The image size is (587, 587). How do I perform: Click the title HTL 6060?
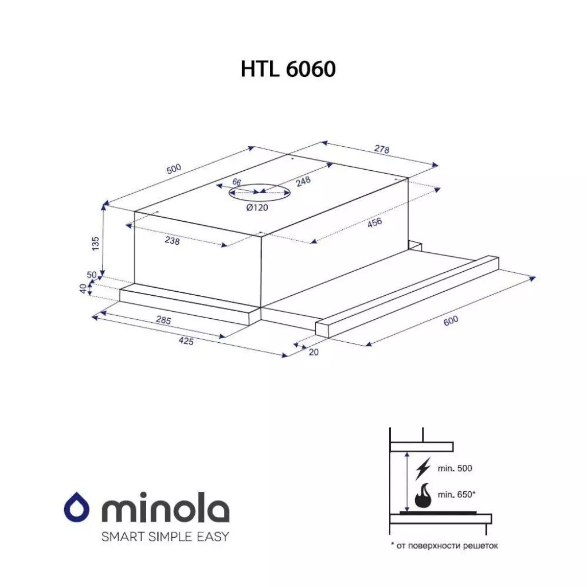288,69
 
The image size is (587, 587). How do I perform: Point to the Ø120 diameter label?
257,208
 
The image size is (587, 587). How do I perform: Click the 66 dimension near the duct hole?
236,182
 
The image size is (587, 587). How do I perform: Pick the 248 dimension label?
303,182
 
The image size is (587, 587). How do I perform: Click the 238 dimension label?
172,241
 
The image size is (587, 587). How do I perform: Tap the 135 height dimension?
96,244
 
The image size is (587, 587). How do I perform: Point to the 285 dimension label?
163,320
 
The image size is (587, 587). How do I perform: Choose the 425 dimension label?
186,342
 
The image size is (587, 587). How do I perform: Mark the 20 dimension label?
313,352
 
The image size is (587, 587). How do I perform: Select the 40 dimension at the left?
84,289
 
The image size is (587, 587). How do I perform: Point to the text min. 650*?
456,495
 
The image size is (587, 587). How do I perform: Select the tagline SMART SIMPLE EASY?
165,537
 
